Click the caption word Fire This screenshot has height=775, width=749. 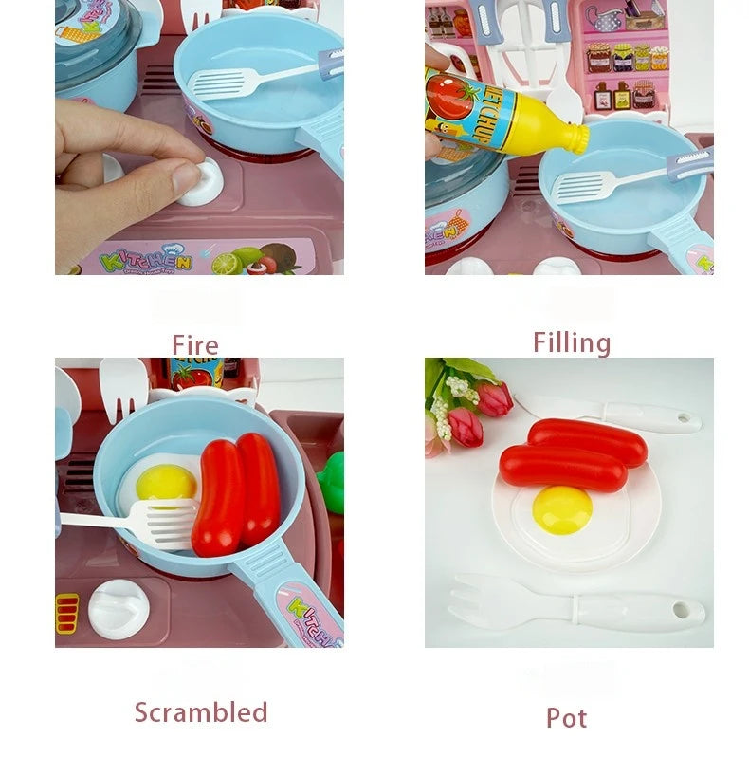coord(194,344)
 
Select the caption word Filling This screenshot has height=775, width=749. coord(571,342)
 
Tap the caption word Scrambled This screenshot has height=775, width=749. coord(201,712)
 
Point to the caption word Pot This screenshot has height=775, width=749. coord(566,718)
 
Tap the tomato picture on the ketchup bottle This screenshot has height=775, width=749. coord(448,97)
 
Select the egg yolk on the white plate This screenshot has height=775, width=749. coord(561,509)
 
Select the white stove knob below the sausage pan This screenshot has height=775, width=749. coord(119,608)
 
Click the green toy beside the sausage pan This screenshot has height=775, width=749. coord(331,482)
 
